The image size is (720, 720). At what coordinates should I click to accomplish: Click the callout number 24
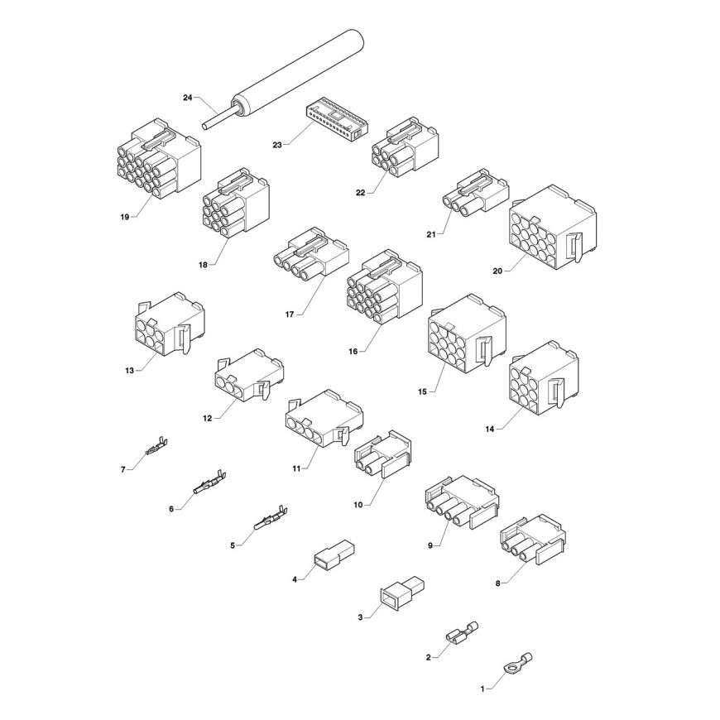tap(187, 98)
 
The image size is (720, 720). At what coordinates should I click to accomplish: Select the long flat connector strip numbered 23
tap(334, 118)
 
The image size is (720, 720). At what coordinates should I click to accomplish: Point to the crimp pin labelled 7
tap(156, 446)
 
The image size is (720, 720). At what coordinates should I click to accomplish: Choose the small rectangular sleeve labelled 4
tap(334, 554)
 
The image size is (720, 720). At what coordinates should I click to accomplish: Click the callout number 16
tap(353, 351)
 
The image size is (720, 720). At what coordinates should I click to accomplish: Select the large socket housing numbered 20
tap(553, 228)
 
